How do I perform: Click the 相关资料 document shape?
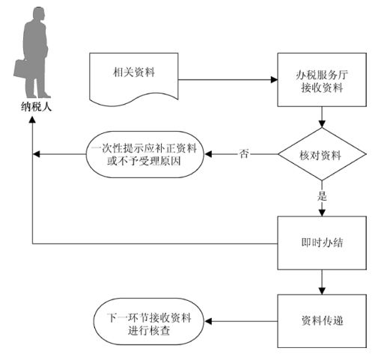tap(134, 79)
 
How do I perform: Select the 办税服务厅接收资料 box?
tap(322, 80)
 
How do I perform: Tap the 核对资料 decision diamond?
tap(322, 154)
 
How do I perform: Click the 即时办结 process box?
tap(322, 243)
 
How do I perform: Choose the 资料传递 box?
tap(322, 321)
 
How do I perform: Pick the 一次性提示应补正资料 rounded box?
tap(145, 154)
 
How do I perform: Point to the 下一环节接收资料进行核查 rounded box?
tap(149, 321)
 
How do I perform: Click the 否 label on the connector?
tap(244, 154)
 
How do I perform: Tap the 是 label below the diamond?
tap(322, 196)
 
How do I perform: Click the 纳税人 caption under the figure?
tap(37, 107)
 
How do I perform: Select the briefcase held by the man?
tap(21, 69)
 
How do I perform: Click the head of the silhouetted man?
tap(39, 14)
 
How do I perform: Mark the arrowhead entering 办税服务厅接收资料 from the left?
tap(274, 80)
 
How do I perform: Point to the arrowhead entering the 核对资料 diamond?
tap(322, 124)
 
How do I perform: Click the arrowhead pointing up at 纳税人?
tap(32, 119)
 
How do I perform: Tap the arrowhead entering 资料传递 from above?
tap(322, 291)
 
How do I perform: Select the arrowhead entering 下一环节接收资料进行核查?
tap(208, 321)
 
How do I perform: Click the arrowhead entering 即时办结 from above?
tap(322, 213)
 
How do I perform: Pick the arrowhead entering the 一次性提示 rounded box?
tap(208, 154)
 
